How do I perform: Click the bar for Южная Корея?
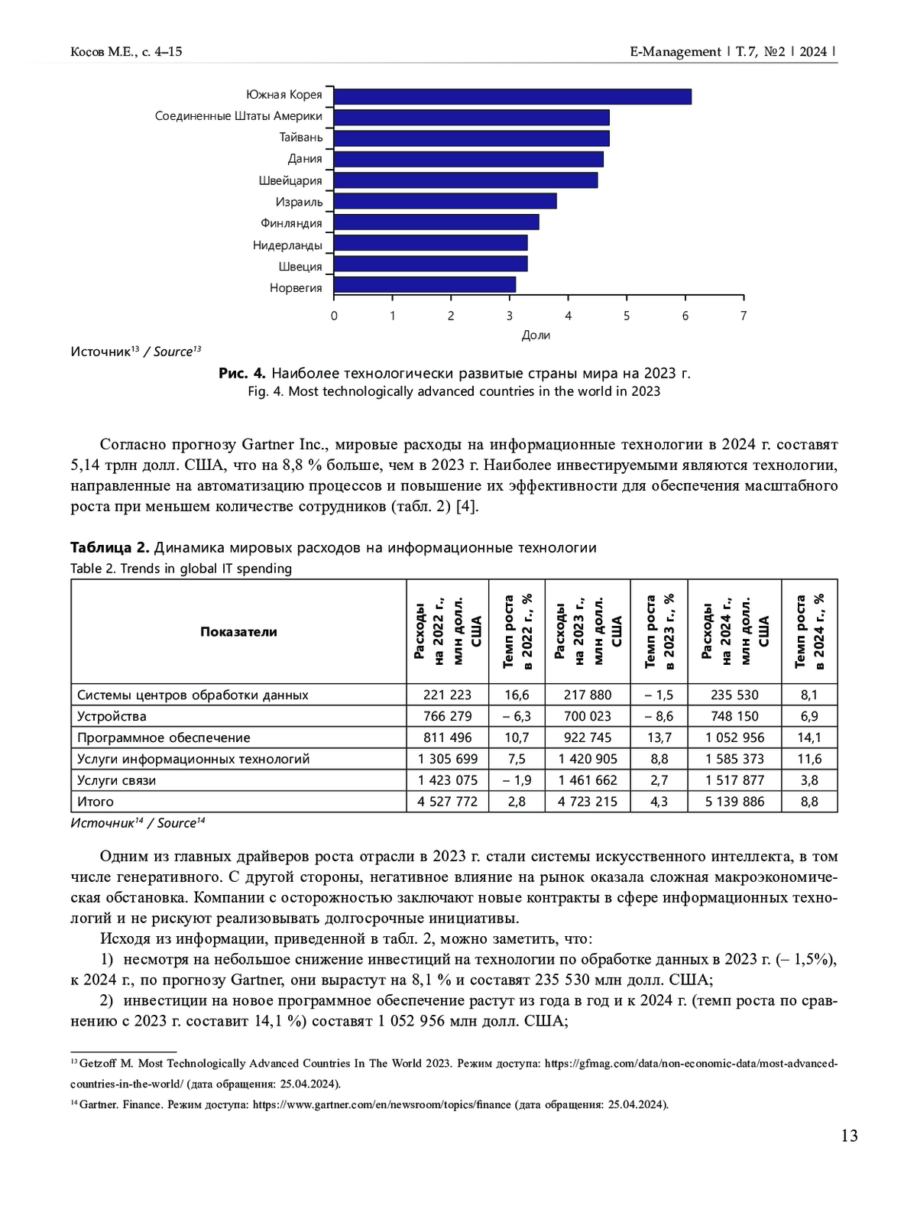point(512,96)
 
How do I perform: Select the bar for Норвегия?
point(425,285)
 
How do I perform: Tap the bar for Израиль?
point(445,201)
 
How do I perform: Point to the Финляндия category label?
point(291,223)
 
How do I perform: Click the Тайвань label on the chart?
point(300,138)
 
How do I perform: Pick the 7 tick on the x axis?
point(744,316)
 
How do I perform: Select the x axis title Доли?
point(536,335)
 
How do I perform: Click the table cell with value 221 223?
point(447,695)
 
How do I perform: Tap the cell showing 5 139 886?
point(734,802)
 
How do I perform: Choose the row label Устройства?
point(112,716)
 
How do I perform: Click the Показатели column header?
point(238,631)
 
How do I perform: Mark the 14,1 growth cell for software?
point(808,737)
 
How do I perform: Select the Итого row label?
point(96,802)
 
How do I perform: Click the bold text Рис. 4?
point(241,373)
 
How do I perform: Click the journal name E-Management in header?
point(675,52)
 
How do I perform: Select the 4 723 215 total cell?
point(587,802)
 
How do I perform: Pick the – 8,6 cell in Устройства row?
point(658,716)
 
